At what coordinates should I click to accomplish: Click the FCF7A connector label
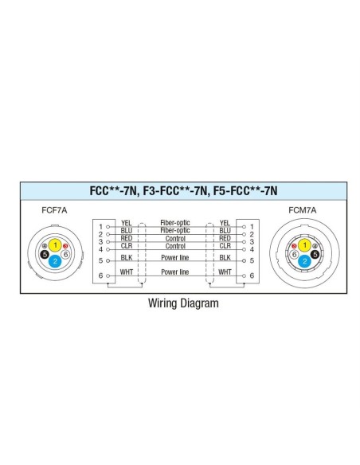coord(54,210)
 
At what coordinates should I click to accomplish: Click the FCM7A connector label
coord(302,210)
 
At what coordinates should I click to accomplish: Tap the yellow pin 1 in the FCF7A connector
coord(55,245)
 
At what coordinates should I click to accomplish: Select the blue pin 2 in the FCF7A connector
coord(55,261)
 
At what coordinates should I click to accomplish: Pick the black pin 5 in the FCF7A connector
coord(45,254)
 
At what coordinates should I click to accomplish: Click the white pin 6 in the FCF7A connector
coord(65,254)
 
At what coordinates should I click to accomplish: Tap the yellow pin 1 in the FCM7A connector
coord(304,245)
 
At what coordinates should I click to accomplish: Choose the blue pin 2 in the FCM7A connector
coord(304,261)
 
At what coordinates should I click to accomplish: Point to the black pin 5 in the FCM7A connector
coord(315,254)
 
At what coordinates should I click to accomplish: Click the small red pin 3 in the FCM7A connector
coord(294,246)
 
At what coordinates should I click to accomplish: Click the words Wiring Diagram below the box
coord(183,303)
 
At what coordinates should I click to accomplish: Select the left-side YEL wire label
coord(126,223)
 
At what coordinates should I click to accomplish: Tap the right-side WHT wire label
coord(225,272)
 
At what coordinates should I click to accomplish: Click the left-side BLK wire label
coord(127,257)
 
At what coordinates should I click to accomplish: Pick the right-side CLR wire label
coord(225,246)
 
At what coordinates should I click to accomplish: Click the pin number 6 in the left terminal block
coord(100,275)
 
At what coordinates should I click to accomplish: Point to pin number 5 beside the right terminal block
coord(252,260)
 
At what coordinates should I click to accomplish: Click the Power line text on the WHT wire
coord(175,272)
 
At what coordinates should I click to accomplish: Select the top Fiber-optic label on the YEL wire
coord(175,223)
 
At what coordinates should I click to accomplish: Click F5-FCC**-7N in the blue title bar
coord(245,190)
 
